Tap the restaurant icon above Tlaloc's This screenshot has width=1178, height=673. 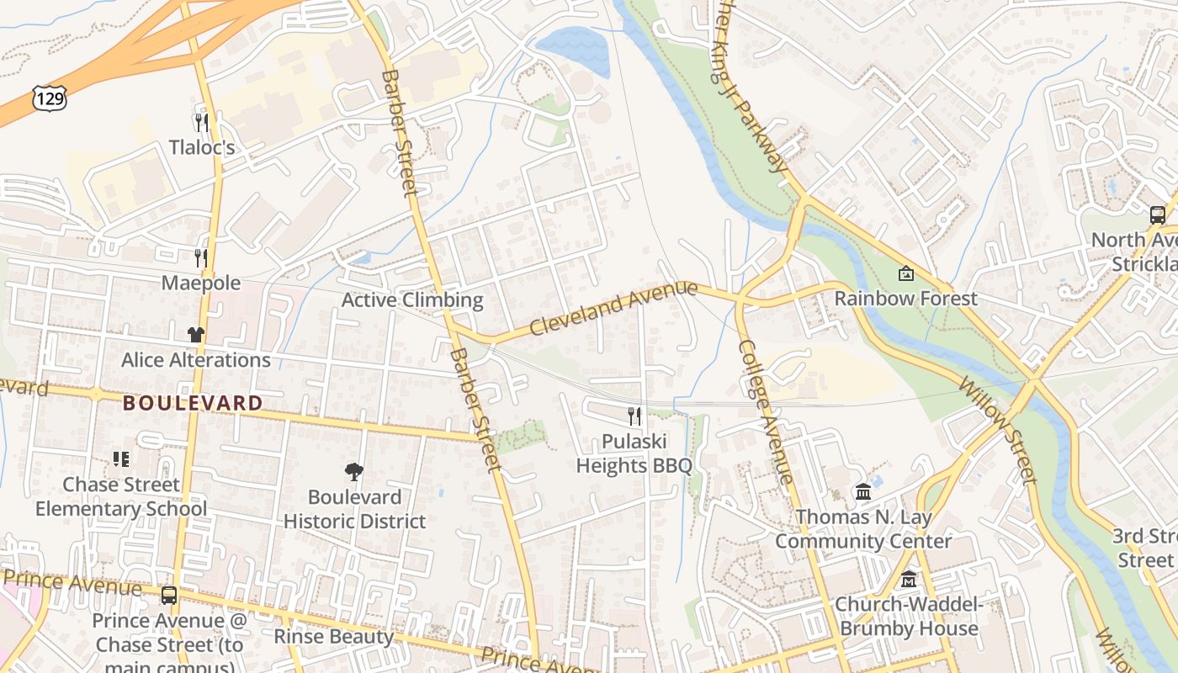(x=201, y=123)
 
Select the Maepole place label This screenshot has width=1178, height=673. (x=201, y=283)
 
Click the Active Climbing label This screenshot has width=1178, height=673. (x=412, y=299)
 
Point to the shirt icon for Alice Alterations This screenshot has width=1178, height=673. (x=196, y=334)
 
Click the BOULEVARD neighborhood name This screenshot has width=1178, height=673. (x=193, y=403)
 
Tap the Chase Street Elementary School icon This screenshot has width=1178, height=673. (x=121, y=459)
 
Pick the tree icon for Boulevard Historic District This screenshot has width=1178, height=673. (x=354, y=472)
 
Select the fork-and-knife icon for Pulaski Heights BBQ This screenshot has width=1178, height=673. (x=634, y=416)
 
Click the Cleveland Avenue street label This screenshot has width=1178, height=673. (x=613, y=308)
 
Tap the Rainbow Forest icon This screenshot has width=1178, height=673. (x=905, y=273)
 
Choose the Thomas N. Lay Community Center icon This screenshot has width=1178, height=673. (x=863, y=491)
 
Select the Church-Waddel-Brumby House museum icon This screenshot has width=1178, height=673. (x=909, y=580)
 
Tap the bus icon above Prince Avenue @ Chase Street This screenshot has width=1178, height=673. (x=169, y=596)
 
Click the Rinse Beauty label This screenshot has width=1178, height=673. (x=333, y=636)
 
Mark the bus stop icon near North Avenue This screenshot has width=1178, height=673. (x=1158, y=215)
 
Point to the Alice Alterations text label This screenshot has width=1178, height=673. (x=196, y=360)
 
